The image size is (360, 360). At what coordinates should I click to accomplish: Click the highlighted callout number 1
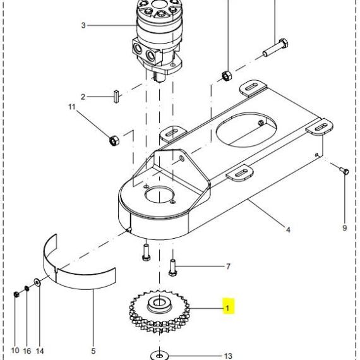point(227,308)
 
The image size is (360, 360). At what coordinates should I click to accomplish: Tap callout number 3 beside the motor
point(83,25)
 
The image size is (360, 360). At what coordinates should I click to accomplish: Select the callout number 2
point(83,97)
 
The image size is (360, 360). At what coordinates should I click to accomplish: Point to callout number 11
point(72,107)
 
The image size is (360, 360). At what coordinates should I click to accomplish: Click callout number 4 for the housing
point(288,229)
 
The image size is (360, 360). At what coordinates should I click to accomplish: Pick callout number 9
point(344,228)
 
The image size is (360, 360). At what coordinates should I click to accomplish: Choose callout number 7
point(228,267)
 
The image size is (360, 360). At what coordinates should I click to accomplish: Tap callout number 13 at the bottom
point(228,356)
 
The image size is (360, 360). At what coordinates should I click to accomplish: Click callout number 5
point(93,351)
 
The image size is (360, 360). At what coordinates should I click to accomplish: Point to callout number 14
point(40,351)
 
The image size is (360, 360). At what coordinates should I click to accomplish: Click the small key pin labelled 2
point(116,97)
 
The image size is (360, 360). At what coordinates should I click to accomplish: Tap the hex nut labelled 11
point(114,140)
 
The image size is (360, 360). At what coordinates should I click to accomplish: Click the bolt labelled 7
point(172,268)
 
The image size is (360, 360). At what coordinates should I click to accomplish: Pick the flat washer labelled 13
point(160,356)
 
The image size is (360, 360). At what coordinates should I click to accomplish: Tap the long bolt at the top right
point(275,47)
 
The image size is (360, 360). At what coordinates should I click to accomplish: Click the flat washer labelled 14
point(37,282)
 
